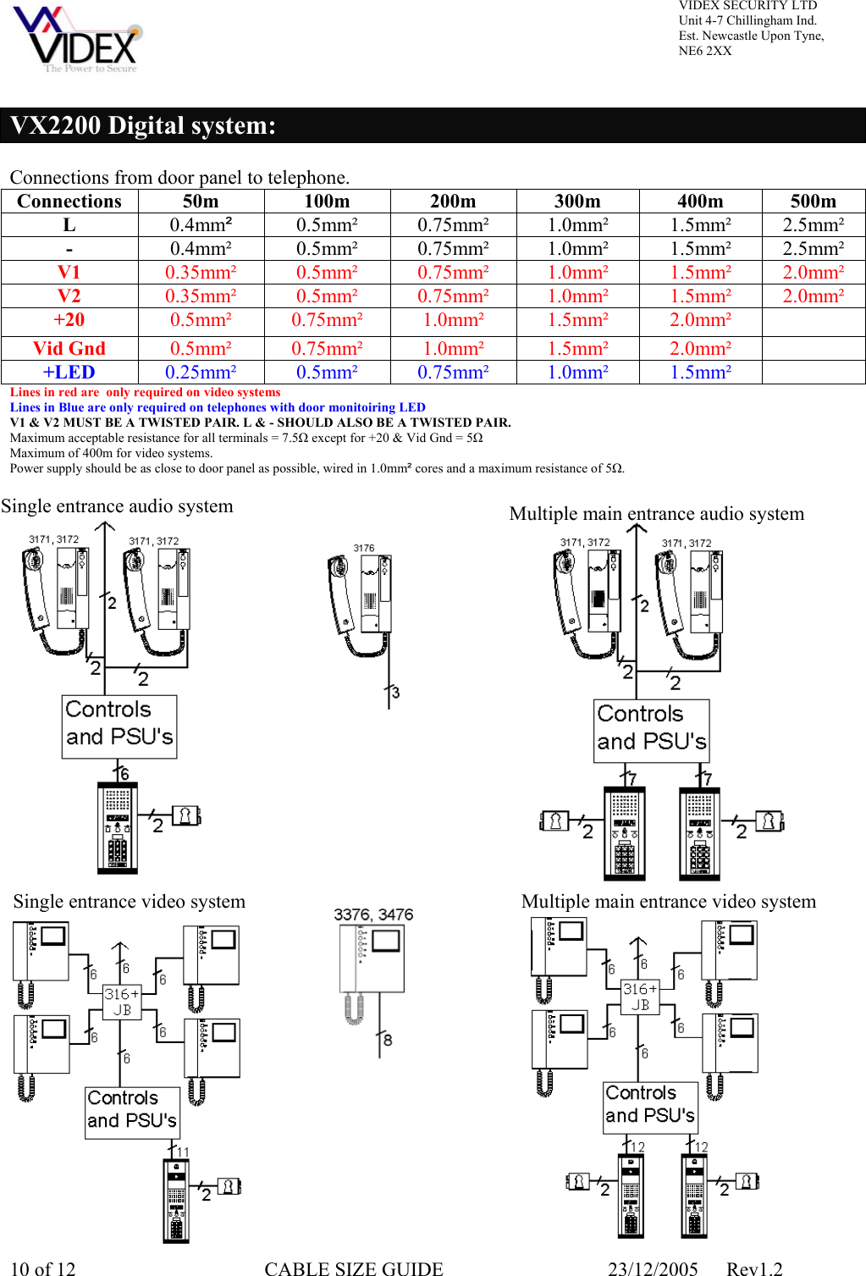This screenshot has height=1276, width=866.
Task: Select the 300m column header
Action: (577, 202)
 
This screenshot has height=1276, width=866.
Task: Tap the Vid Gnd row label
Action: (69, 348)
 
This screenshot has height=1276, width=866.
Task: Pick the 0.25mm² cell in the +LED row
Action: (201, 373)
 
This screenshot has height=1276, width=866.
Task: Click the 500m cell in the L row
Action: (813, 225)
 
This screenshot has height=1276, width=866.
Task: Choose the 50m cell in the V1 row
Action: (201, 273)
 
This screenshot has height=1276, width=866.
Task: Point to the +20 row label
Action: (69, 320)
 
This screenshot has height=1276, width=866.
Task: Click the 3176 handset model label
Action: (364, 548)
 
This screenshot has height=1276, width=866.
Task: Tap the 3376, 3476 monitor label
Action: (373, 914)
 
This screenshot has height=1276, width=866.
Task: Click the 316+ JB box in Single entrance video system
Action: (122, 1001)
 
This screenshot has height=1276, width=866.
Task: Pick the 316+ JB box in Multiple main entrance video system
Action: (640, 997)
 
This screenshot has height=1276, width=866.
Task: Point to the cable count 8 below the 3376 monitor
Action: (388, 1040)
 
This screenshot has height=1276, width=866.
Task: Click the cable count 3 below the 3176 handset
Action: (395, 693)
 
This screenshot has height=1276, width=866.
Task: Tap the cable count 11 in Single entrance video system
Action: (183, 1152)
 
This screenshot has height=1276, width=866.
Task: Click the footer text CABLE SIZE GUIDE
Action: (353, 1268)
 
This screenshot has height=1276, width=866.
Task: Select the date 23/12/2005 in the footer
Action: (653, 1268)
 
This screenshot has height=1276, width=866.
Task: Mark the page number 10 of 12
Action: (43, 1268)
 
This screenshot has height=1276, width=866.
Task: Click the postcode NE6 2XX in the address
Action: (704, 51)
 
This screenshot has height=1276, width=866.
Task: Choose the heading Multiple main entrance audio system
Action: (656, 514)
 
